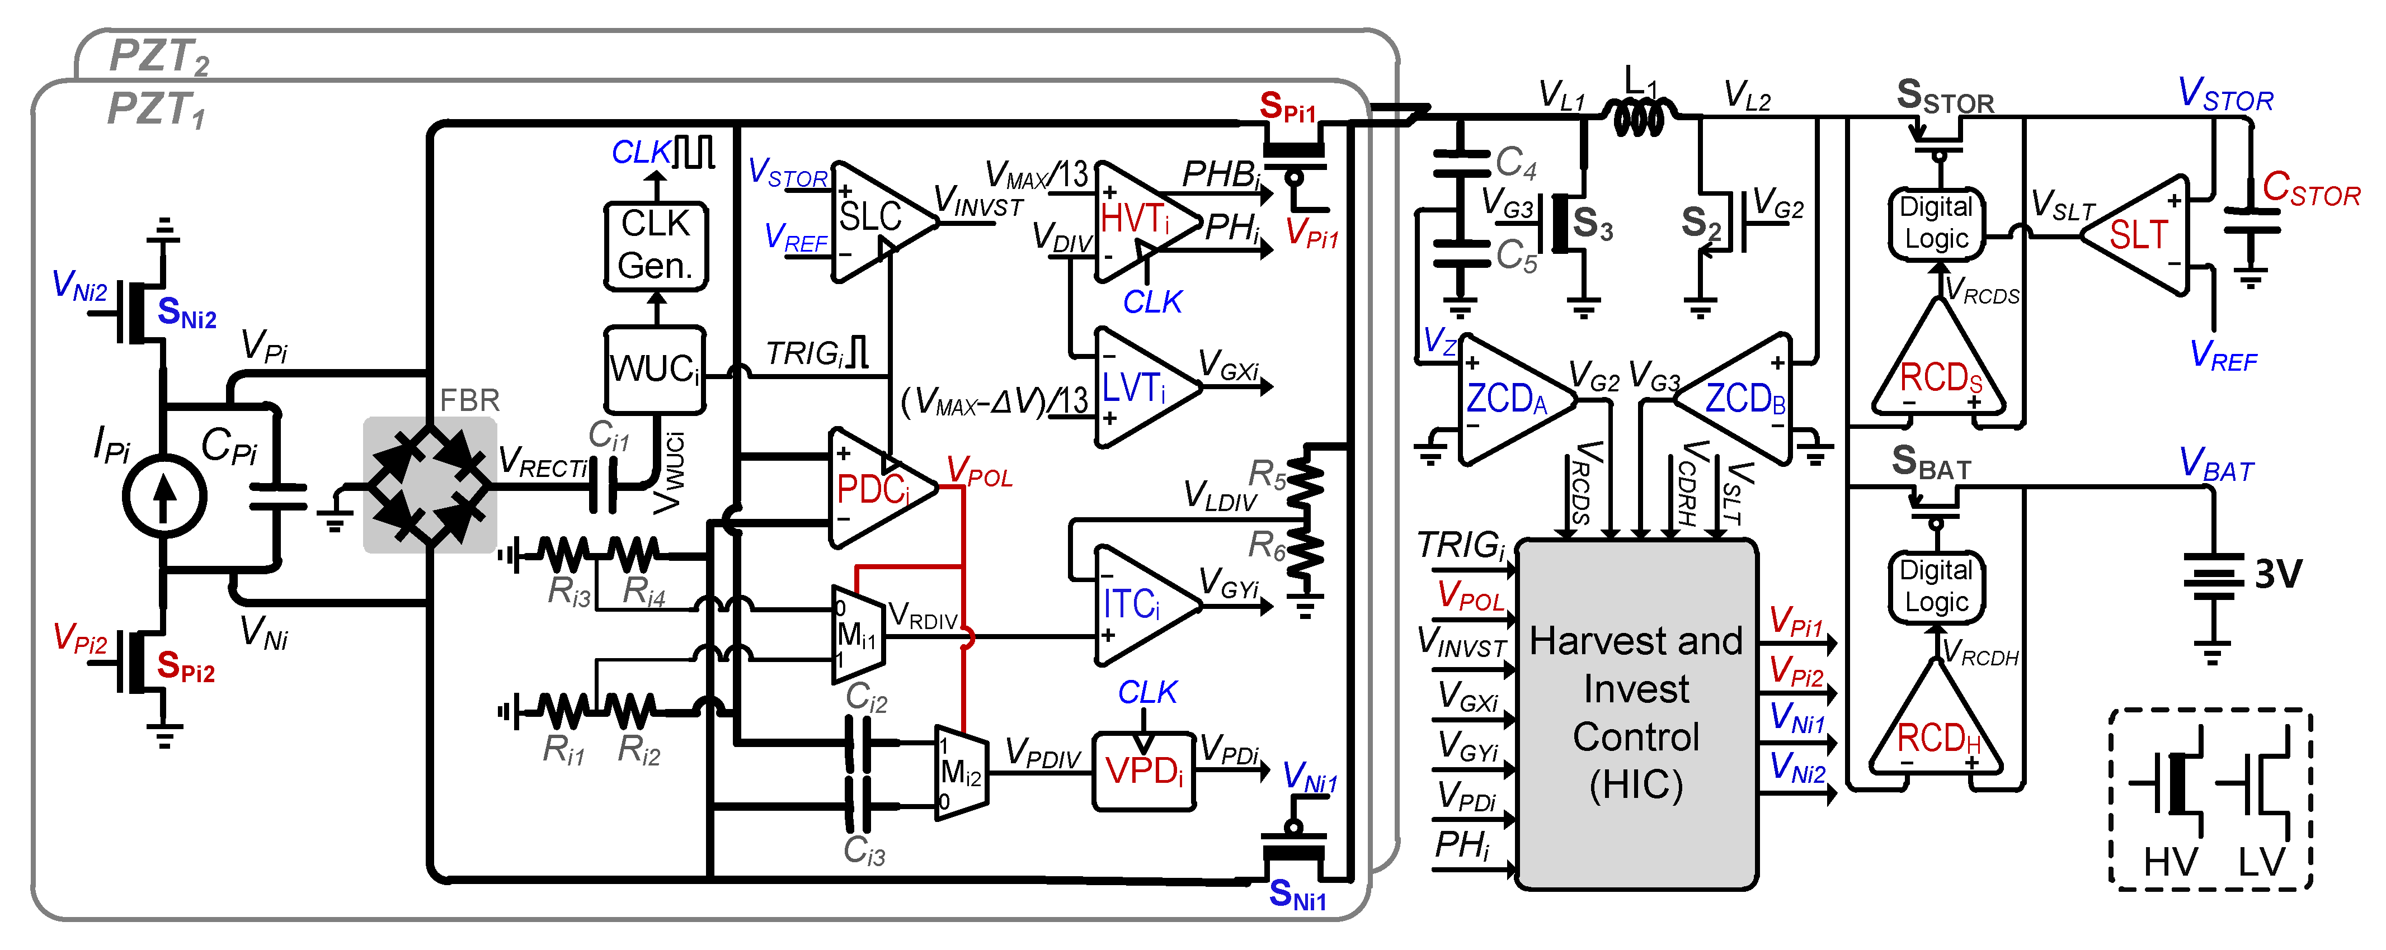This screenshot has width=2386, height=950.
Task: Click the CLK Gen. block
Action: click(x=655, y=246)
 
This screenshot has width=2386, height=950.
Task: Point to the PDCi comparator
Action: click(x=876, y=488)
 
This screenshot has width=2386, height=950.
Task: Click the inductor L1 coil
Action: click(x=1640, y=117)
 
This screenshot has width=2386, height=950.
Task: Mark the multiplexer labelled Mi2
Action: click(x=959, y=771)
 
